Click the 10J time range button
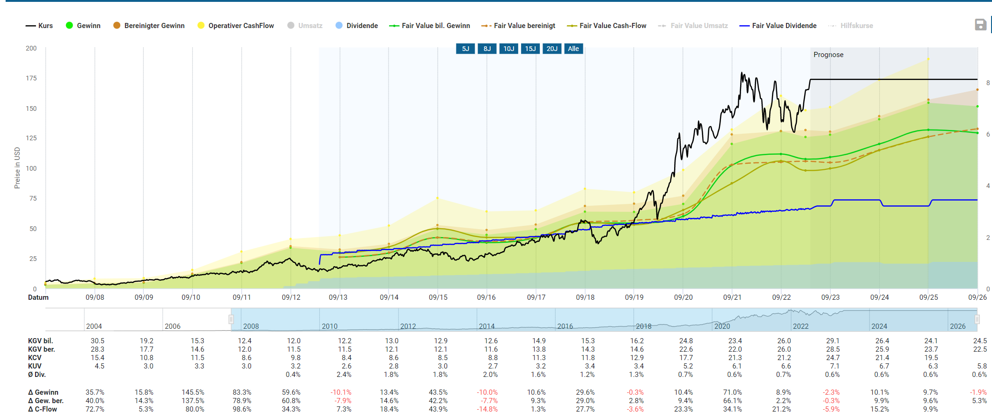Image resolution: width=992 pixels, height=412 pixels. pos(508,49)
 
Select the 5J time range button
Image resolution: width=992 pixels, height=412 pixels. pos(465,49)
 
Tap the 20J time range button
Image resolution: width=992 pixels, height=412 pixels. pos(552,49)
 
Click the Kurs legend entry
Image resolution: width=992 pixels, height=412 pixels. pos(39,26)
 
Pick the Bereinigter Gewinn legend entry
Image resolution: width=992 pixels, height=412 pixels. pos(149,26)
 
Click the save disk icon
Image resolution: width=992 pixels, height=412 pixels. pos(980,25)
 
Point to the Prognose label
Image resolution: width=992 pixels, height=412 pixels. pos(828,55)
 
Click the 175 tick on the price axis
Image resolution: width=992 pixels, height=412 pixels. pos(31,78)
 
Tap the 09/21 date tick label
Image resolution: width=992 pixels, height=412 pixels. pos(732,297)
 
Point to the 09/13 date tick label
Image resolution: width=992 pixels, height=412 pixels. pos(338,297)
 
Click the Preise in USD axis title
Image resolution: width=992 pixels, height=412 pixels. pos(17,168)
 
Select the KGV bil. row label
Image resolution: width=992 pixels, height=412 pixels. pos(40,341)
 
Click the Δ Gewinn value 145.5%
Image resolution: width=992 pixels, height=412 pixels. pos(193,392)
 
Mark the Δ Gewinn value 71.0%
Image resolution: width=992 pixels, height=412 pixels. pos(732,392)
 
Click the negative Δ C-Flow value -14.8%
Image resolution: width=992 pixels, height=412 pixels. pos(487,409)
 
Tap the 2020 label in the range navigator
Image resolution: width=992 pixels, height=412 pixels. pos(722,326)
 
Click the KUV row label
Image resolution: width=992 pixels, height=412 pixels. pos(35,366)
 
